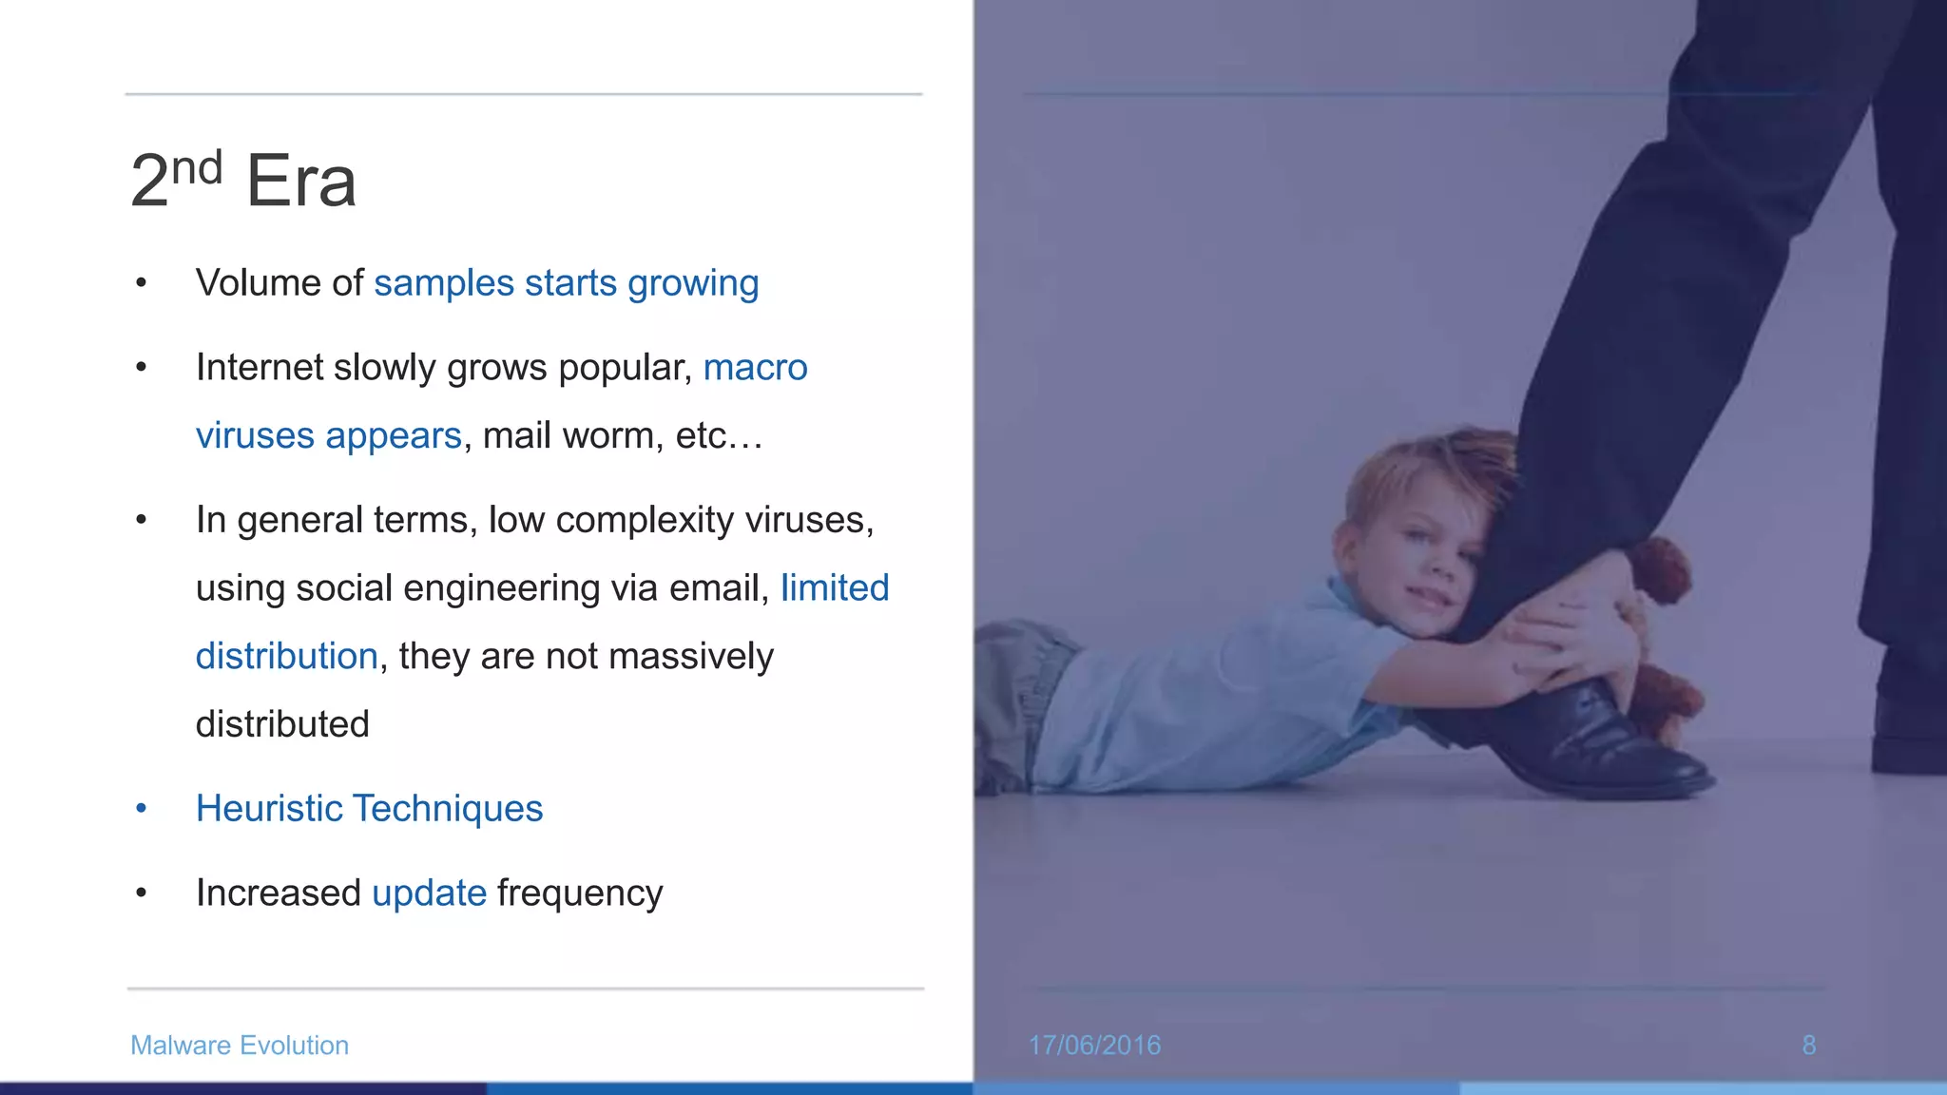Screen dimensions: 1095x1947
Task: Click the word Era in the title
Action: (300, 181)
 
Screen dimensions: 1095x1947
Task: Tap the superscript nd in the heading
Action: (197, 168)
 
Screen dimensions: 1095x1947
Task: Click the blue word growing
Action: (693, 284)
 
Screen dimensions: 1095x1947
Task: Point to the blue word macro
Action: (755, 368)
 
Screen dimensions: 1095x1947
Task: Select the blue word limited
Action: (835, 588)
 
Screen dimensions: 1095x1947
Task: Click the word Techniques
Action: (448, 809)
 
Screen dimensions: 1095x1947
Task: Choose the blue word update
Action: (429, 893)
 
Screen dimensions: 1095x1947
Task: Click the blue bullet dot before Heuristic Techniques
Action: (142, 809)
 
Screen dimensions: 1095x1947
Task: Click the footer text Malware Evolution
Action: (240, 1046)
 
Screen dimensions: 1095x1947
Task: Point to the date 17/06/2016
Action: (1094, 1046)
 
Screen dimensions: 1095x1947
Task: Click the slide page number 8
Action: (1808, 1046)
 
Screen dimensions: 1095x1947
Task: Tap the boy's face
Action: (1426, 561)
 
